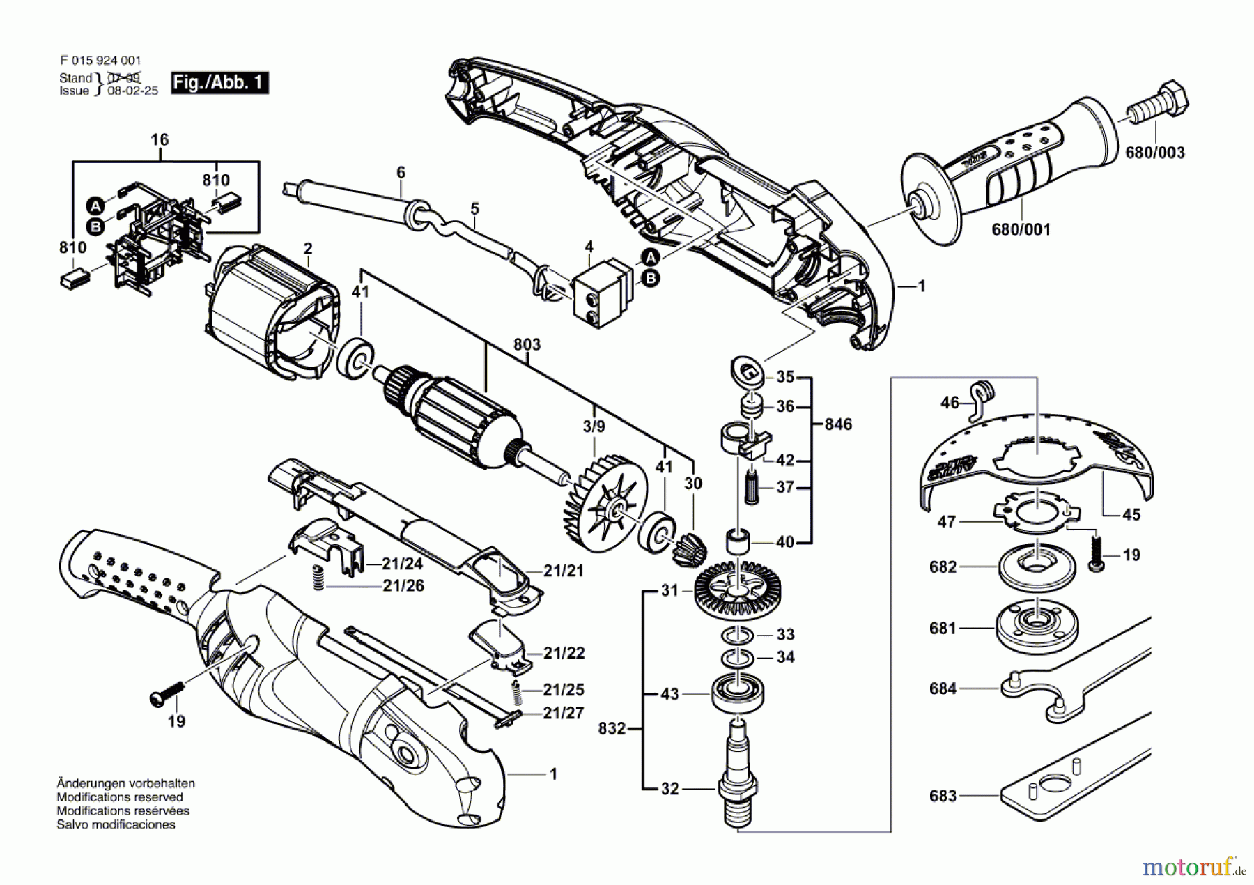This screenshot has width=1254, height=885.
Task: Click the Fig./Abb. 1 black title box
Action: (219, 83)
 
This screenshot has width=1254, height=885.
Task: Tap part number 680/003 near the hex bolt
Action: (1154, 153)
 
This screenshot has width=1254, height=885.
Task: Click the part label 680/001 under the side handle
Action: (1021, 229)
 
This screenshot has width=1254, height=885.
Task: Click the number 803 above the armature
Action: (527, 345)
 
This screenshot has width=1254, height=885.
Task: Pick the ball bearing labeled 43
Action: (738, 693)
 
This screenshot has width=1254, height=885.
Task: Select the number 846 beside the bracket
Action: (837, 424)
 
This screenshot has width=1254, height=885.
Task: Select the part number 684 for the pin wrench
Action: (943, 689)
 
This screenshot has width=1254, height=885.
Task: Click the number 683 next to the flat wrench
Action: (943, 796)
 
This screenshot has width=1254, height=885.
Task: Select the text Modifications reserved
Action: (119, 797)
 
